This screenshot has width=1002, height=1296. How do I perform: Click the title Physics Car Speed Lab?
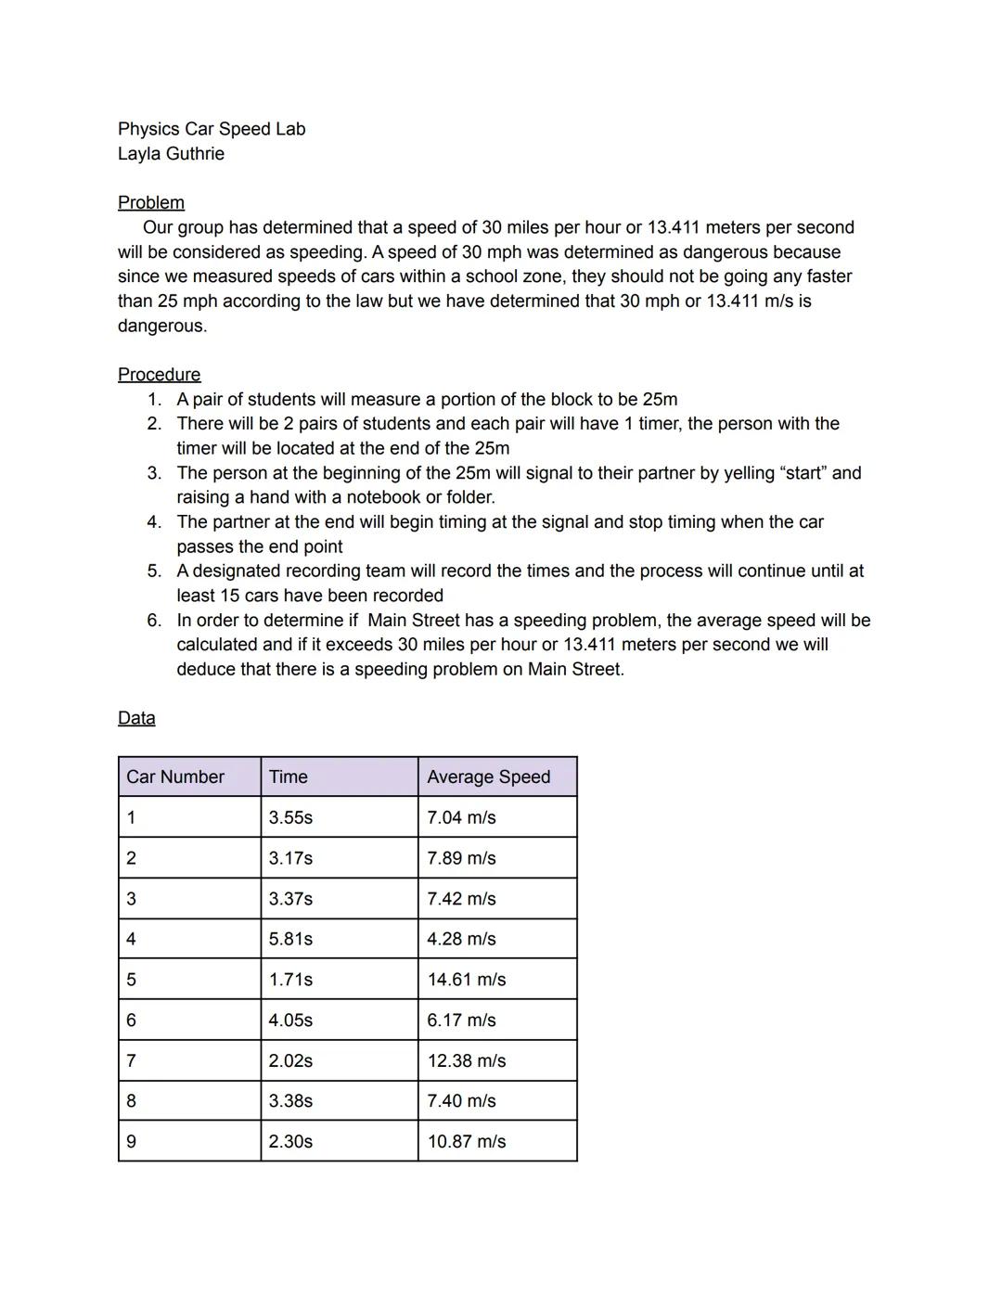211,129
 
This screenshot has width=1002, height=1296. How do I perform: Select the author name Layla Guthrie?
171,153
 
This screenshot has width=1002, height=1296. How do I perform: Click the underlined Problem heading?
150,202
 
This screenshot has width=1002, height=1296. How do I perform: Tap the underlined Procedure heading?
159,374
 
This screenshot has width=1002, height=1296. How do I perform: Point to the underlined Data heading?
136,718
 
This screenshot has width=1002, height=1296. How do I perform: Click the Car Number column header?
175,776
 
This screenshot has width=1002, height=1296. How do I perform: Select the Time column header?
288,776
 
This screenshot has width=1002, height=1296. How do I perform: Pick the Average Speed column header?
488,776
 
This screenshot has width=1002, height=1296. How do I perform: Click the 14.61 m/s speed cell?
466,979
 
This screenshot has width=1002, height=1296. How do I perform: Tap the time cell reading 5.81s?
290,939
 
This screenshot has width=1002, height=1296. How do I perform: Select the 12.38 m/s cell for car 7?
466,1060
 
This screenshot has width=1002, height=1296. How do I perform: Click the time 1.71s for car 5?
290,979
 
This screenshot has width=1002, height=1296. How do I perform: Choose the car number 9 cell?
131,1141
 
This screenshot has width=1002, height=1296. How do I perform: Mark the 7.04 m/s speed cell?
461,817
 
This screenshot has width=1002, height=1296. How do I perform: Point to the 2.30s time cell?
290,1141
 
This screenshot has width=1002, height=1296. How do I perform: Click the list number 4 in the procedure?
154,521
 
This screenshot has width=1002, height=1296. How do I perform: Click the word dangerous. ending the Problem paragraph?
162,326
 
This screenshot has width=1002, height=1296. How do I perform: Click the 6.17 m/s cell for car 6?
461,1020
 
